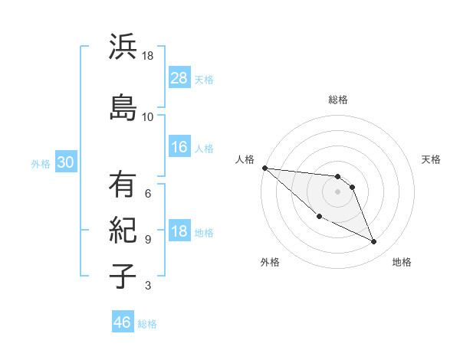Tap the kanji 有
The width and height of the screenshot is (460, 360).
[x=123, y=185]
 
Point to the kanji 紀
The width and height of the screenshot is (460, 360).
[x=123, y=230]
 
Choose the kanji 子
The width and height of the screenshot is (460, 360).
[x=123, y=276]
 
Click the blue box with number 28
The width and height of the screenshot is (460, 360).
[x=179, y=77]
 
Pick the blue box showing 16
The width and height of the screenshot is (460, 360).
[x=179, y=147]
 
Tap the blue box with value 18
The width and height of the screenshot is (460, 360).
[x=179, y=231]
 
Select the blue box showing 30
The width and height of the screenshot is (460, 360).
[x=65, y=162]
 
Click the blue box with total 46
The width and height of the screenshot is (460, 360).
[x=123, y=322]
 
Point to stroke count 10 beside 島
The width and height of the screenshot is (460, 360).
[x=147, y=117]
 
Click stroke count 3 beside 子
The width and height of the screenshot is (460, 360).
[x=147, y=286]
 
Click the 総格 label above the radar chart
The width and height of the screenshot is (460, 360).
[x=338, y=100]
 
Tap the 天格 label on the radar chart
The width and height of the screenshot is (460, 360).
[x=432, y=159]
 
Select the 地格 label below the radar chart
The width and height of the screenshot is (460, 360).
[x=402, y=262]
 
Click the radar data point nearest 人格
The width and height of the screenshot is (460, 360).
[x=264, y=168]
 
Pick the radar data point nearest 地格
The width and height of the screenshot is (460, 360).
[x=374, y=242]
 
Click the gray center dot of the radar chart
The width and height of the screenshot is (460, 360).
[x=338, y=191]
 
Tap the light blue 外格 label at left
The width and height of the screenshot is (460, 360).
[x=41, y=163]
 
